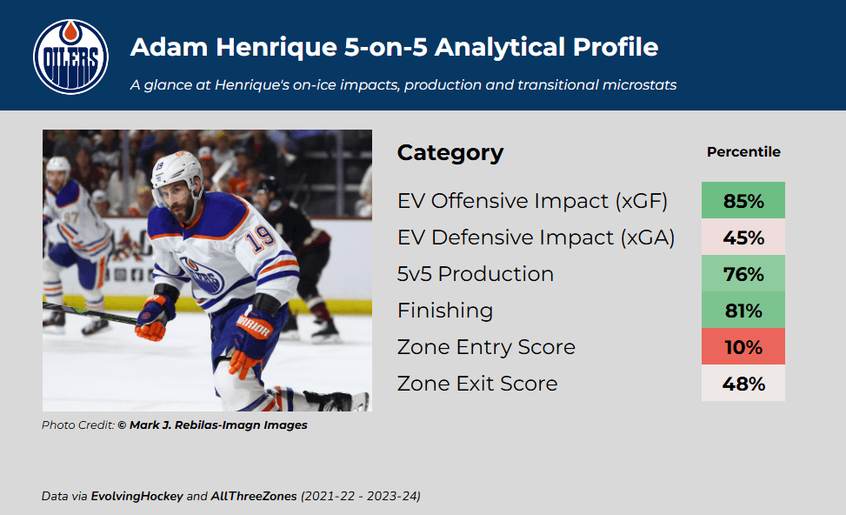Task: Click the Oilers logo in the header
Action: click(70, 57)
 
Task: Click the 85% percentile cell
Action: click(743, 200)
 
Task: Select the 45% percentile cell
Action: click(743, 237)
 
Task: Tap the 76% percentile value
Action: click(743, 274)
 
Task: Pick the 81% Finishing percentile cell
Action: click(743, 311)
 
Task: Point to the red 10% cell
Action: click(743, 346)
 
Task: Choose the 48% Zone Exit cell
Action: click(743, 384)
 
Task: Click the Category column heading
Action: click(450, 153)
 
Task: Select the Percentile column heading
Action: click(743, 151)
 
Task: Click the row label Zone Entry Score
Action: click(486, 347)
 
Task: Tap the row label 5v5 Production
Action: click(476, 274)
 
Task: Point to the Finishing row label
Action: click(445, 311)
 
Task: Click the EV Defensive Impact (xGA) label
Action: click(536, 237)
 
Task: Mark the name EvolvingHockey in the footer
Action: click(137, 496)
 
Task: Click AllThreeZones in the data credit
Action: click(254, 496)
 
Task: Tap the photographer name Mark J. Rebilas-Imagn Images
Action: click(218, 425)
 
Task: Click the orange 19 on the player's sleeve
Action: click(260, 237)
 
